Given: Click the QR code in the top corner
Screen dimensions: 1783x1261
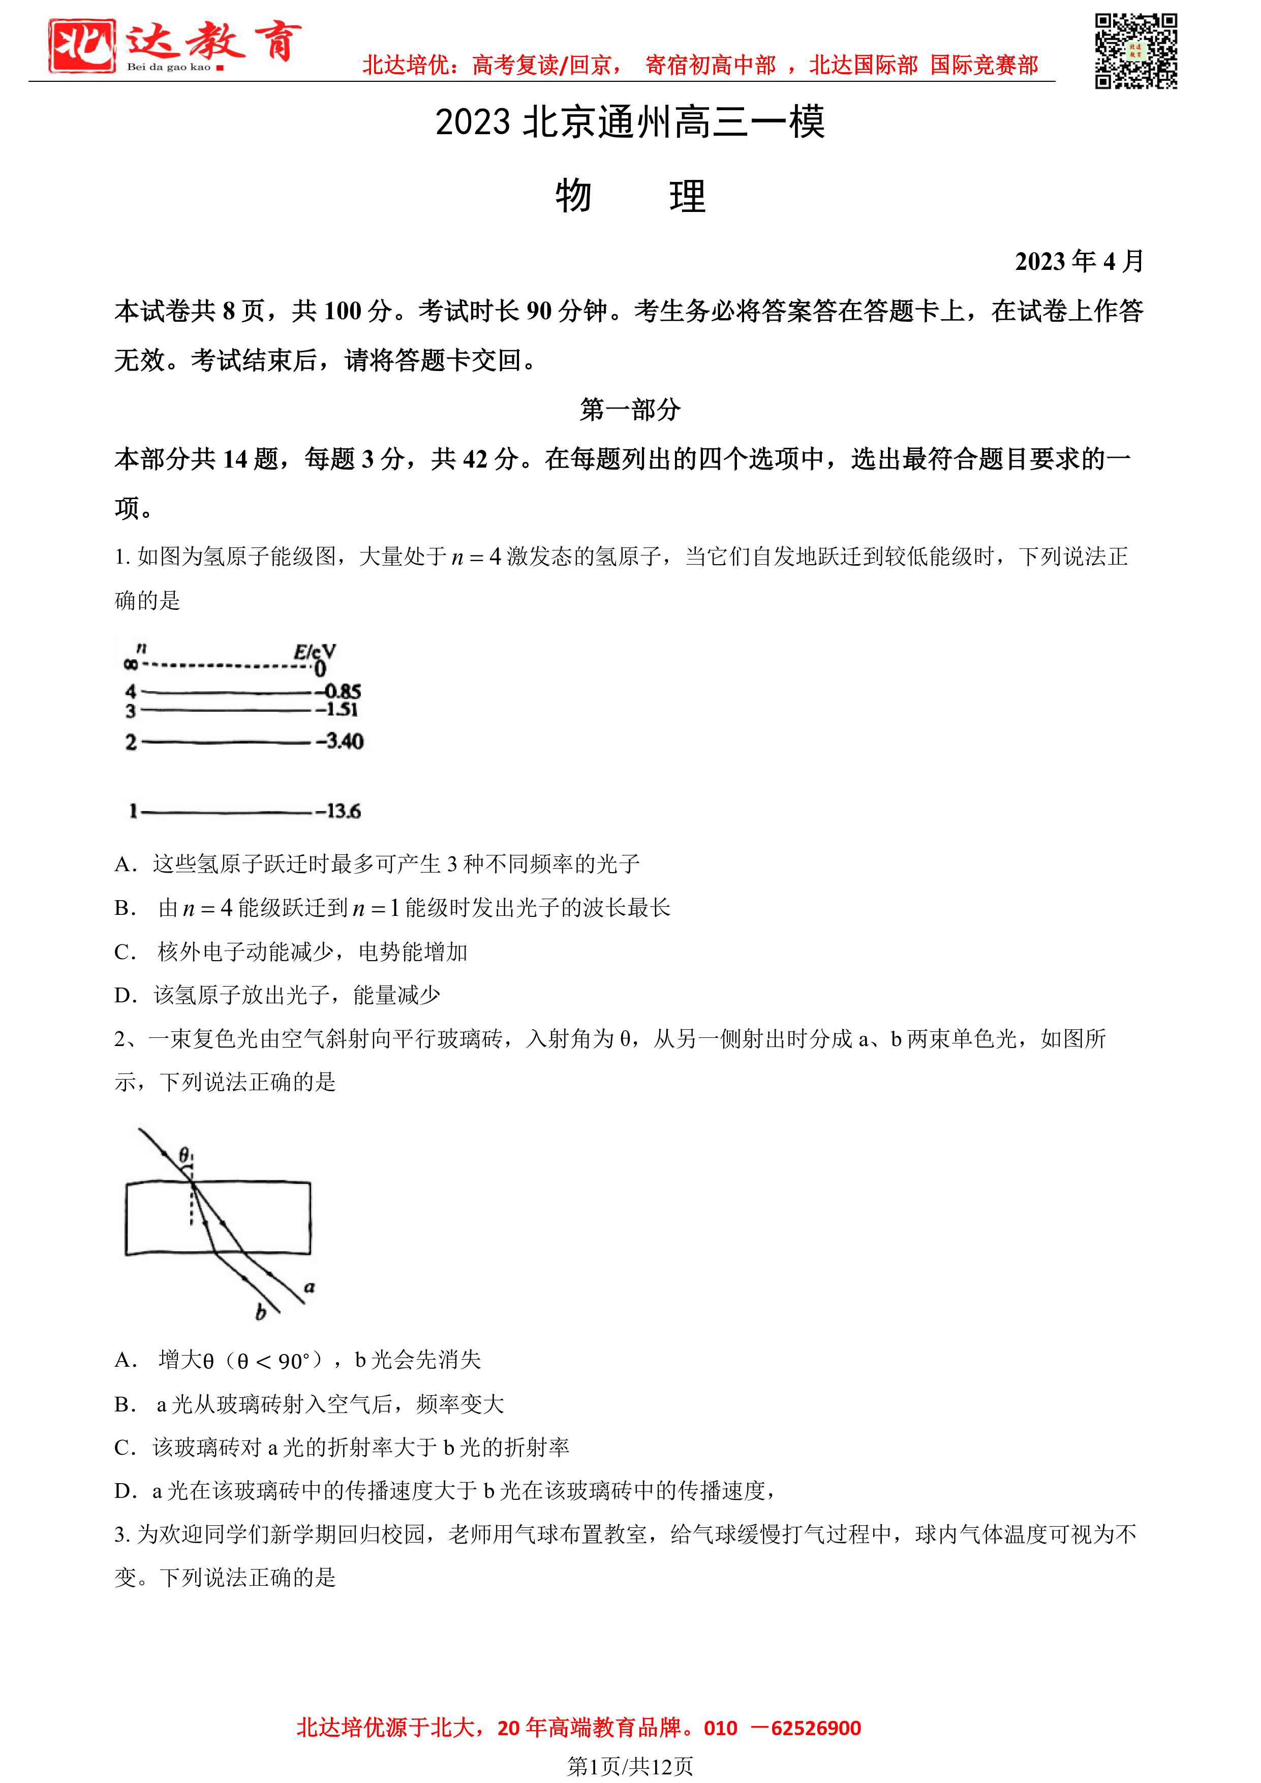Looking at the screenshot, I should [x=1135, y=51].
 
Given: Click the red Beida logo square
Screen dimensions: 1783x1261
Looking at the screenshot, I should [x=81, y=46].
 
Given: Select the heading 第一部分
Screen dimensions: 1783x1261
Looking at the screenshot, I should [x=630, y=409].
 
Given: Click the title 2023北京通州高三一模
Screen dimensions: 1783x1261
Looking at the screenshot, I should [x=630, y=122].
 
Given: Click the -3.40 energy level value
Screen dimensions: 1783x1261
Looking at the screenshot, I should [x=340, y=742].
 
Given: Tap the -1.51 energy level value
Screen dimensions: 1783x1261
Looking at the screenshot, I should [x=337, y=709].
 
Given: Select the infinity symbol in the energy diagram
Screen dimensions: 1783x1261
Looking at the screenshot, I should [x=131, y=664].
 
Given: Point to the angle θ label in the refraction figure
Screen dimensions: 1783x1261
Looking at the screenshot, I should [x=185, y=1155].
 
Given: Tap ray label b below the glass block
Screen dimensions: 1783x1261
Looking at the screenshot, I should [x=261, y=1312].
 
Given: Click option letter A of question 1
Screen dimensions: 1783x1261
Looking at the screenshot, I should [x=124, y=865].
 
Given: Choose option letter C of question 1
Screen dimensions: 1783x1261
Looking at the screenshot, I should [x=124, y=952].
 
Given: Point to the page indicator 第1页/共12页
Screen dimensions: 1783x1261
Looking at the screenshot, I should [x=630, y=1767].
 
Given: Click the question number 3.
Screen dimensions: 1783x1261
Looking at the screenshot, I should [x=120, y=1534].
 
